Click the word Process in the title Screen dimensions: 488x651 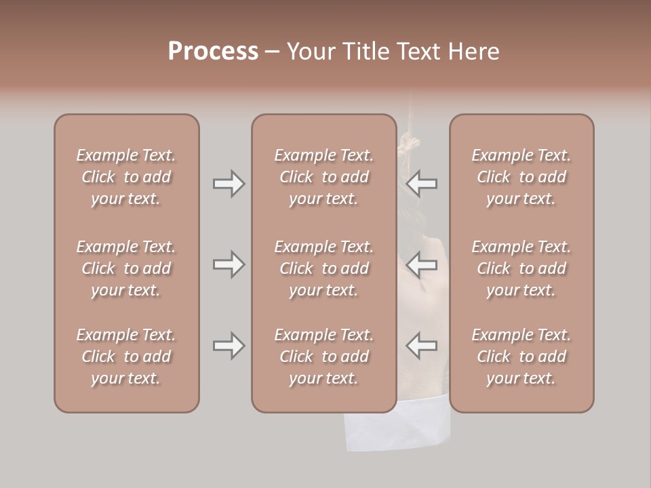point(213,52)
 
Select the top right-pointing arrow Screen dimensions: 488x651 point(229,184)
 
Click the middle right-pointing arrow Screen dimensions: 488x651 point(229,264)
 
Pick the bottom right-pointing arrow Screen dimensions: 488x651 point(229,346)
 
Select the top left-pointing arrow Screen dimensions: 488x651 point(422,184)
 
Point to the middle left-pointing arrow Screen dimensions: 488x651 point(422,264)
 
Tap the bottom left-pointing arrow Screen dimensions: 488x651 point(422,346)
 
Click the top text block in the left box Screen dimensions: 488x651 point(126,177)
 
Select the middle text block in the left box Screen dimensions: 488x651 point(126,268)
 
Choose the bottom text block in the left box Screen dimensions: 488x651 point(126,357)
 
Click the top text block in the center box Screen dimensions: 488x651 point(323,177)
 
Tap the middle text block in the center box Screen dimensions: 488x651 point(323,268)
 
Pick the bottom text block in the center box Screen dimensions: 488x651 point(323,357)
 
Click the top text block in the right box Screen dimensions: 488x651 point(521,177)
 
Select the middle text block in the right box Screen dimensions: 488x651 point(521,268)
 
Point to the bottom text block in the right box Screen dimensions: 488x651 point(521,357)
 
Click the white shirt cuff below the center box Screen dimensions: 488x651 point(397,430)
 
